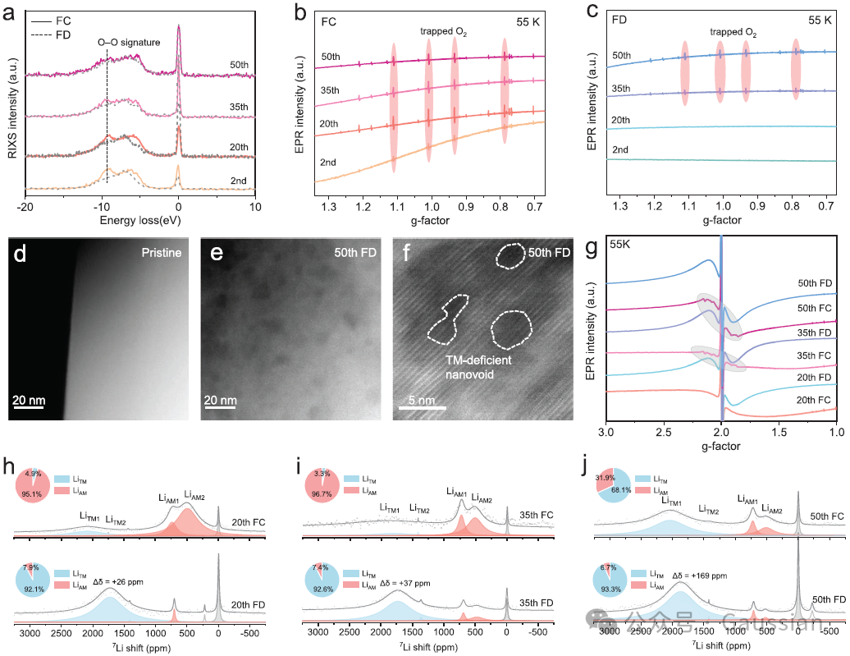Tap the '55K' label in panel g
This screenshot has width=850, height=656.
(621, 245)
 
